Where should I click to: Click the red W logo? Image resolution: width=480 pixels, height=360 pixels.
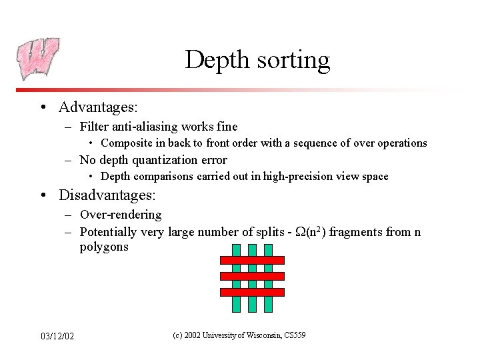click(x=38, y=58)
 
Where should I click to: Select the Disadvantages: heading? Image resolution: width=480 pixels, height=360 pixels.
click(x=107, y=195)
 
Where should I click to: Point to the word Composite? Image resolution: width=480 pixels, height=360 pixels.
click(x=127, y=143)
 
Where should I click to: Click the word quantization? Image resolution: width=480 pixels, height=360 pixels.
click(x=167, y=160)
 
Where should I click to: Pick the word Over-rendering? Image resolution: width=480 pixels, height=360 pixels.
click(x=121, y=215)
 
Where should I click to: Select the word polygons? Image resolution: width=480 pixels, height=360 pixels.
click(x=104, y=247)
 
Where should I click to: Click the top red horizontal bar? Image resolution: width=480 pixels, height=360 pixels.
click(x=251, y=260)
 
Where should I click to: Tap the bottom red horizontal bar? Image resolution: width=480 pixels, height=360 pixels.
click(x=251, y=292)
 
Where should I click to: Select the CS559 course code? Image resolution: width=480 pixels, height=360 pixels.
click(x=294, y=335)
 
